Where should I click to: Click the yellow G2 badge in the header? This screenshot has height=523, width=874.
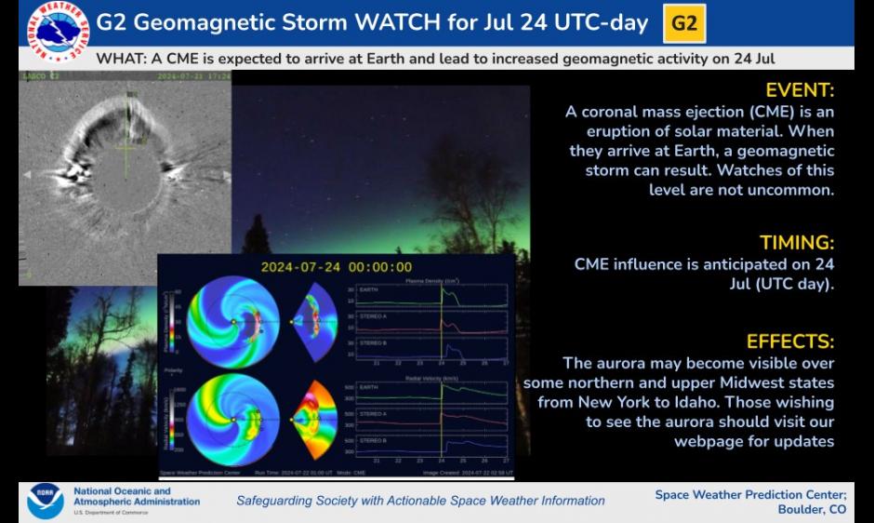point(683,23)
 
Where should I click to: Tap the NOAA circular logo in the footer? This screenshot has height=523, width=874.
point(46,501)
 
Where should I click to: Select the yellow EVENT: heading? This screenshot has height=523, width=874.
point(800,90)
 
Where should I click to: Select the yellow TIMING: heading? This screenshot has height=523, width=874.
point(797,243)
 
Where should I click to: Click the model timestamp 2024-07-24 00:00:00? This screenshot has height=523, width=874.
point(336,266)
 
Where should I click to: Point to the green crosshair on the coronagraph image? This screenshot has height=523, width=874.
point(126,146)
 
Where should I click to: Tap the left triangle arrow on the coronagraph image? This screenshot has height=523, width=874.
point(26,174)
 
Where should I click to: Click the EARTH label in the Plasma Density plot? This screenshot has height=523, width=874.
point(369,290)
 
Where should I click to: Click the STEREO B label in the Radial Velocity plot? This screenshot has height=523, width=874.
point(372,439)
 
